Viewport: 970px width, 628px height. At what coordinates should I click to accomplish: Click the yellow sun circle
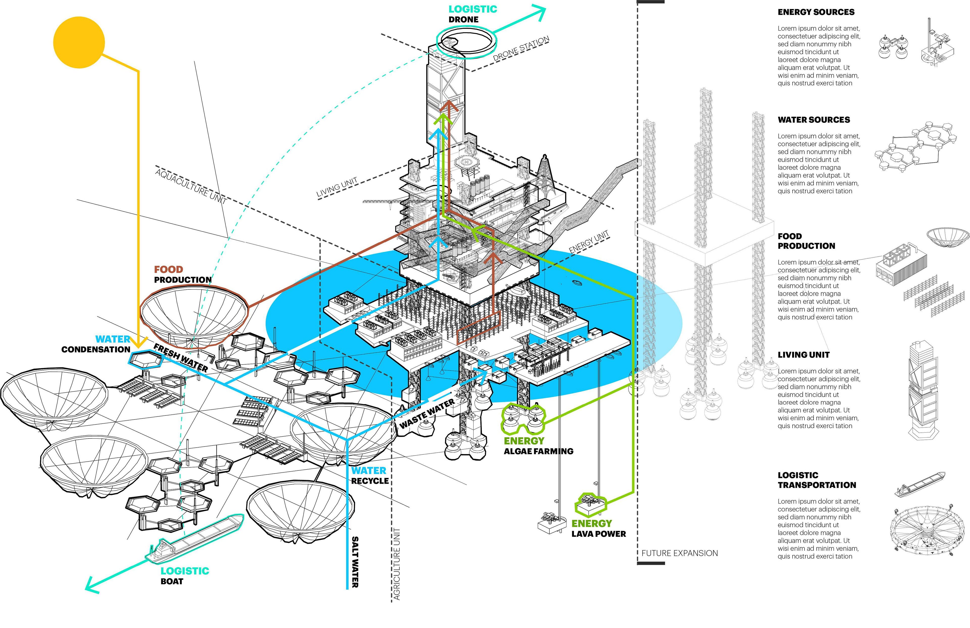coord(79,42)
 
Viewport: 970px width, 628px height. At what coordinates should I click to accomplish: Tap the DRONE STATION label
coord(521,49)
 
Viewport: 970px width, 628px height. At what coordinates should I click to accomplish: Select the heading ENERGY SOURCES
coord(816,12)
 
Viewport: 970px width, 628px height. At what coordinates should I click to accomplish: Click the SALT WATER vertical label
coord(355,562)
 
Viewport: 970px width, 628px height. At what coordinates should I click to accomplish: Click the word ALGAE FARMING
coord(538,451)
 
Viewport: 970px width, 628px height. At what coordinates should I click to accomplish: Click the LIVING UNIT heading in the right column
coord(803,355)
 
